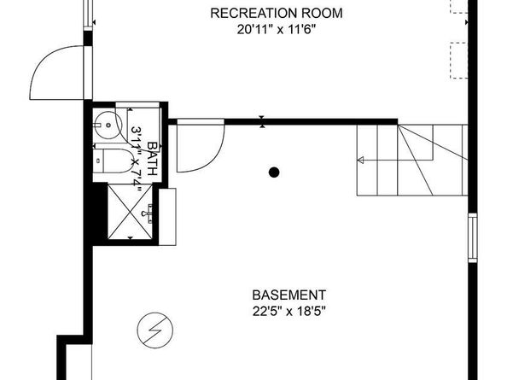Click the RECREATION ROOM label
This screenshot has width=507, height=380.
(277, 14)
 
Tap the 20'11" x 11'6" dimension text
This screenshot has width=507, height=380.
(277, 30)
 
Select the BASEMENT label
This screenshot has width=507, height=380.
(289, 295)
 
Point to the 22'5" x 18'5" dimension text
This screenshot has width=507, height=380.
(288, 312)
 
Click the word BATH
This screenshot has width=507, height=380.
(152, 159)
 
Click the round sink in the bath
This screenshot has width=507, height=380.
(108, 126)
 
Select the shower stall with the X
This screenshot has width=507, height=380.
(130, 212)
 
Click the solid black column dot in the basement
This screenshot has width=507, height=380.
(274, 172)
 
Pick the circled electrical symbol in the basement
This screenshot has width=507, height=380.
(154, 330)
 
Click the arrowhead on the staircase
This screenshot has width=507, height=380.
(360, 160)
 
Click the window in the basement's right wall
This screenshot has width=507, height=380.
(472, 237)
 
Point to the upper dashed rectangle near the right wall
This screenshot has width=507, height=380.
(459, 7)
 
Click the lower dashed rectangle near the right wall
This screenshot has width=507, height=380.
(459, 61)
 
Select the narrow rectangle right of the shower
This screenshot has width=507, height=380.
(167, 217)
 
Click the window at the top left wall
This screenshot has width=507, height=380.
(88, 15)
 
